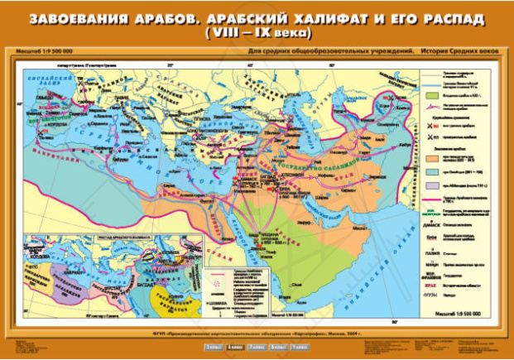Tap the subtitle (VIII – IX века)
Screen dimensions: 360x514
[257, 34]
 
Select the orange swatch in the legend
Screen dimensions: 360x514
[435, 155]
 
